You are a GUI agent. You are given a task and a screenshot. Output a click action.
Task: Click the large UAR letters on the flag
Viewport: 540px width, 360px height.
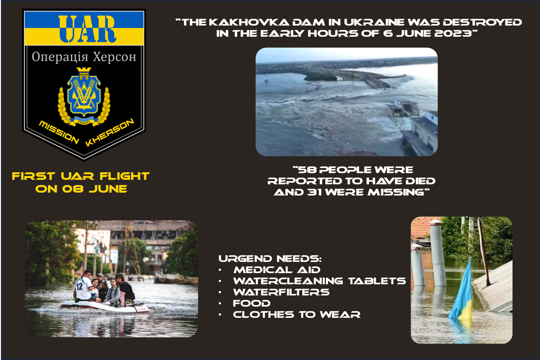87,29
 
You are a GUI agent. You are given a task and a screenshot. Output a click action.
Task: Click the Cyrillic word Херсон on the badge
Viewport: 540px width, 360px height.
115,57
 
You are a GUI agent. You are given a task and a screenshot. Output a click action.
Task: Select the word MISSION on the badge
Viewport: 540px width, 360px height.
59,132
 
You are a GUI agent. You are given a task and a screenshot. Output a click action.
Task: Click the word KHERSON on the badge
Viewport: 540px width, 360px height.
110,132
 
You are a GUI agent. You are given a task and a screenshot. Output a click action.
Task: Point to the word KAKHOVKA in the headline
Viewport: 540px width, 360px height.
249,22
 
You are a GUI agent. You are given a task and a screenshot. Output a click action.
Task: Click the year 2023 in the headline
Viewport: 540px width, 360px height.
453,34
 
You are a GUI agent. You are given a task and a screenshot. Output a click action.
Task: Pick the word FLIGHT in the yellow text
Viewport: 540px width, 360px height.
125,176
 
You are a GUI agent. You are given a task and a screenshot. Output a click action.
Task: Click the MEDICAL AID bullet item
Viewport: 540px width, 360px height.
277,270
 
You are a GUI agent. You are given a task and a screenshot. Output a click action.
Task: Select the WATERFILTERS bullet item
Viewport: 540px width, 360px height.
281,292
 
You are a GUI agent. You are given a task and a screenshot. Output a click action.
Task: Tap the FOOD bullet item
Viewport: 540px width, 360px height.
252,303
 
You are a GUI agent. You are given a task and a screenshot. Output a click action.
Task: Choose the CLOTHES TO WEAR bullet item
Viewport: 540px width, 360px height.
297,315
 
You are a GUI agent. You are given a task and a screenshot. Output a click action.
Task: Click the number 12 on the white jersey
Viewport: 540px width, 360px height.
79,286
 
